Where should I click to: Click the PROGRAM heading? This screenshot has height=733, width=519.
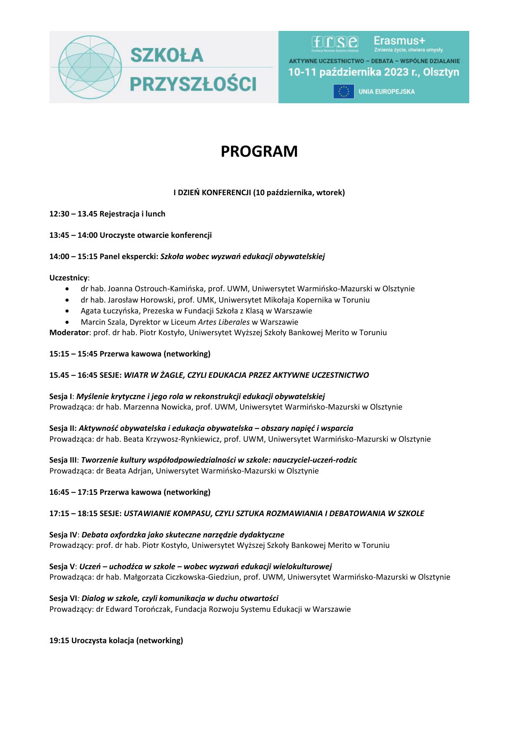259,151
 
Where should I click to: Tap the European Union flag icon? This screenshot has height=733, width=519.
344,92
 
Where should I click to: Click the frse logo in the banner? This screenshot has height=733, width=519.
335,42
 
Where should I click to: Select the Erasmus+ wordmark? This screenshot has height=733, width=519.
399,41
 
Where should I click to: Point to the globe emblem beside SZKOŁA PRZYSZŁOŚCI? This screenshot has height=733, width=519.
89,67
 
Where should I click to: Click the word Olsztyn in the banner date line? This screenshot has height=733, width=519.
441,72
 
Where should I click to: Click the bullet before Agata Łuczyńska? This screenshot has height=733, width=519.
68,311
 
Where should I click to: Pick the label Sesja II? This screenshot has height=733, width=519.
62,428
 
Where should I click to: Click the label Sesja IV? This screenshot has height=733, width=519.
63,535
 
